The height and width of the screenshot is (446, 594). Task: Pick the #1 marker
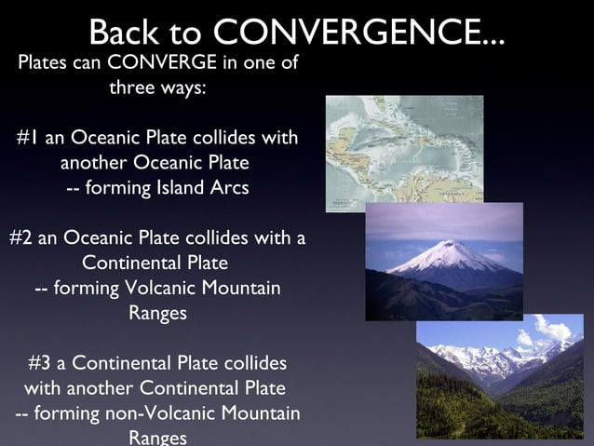pyautogui.click(x=28, y=139)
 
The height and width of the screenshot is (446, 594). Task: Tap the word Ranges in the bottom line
pyautogui.click(x=157, y=437)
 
